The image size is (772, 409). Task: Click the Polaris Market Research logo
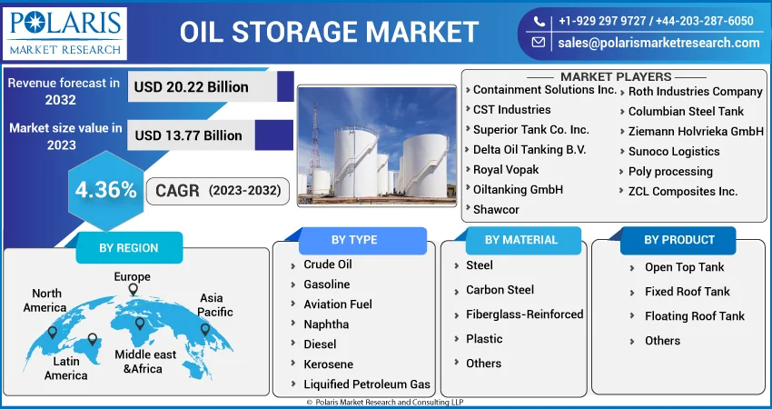[64, 34]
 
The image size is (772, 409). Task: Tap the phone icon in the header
[539, 21]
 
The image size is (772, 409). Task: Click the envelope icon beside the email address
[539, 43]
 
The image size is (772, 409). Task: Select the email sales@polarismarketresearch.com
[658, 43]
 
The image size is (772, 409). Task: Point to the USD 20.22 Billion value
[191, 87]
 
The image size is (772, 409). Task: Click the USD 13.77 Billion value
[189, 135]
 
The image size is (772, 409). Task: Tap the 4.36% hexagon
[106, 190]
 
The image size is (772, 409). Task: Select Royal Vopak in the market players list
[506, 170]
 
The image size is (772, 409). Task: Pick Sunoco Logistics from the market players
[674, 151]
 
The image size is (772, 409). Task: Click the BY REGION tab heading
[129, 247]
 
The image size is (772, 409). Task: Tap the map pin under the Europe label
[133, 290]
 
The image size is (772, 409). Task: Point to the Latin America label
[66, 368]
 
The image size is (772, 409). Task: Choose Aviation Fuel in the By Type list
[338, 304]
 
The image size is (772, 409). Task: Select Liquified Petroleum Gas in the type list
[367, 384]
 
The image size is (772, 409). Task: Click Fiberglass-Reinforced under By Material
[525, 314]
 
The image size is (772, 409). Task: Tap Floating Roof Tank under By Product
[695, 316]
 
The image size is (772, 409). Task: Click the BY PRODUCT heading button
[679, 240]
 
